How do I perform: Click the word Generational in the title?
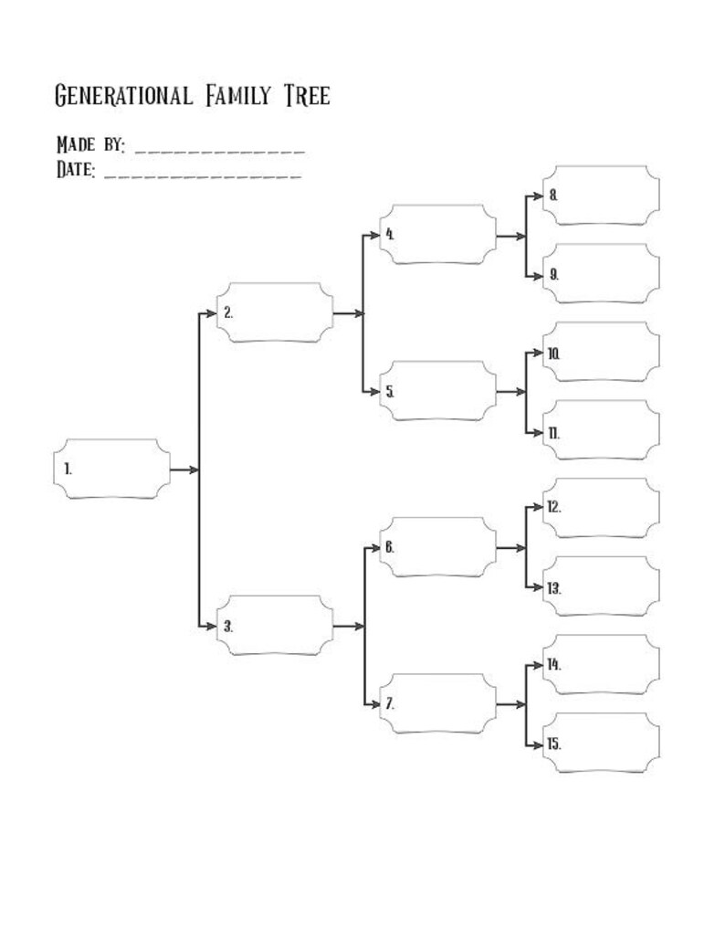tap(123, 95)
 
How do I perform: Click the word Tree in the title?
tap(307, 95)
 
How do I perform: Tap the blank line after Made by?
tap(219, 149)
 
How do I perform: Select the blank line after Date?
tap(203, 173)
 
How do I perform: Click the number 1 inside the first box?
tap(68, 469)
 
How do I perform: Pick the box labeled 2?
tap(274, 312)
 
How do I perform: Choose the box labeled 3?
tap(274, 626)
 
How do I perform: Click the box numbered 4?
tap(437, 234)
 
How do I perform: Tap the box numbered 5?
tap(437, 391)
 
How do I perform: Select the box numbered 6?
tap(437, 547)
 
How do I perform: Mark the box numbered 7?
tap(437, 703)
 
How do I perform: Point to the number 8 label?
tap(553, 195)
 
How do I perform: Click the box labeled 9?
tap(601, 273)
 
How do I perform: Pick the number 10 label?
tap(554, 353)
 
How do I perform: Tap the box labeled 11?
tap(601, 430)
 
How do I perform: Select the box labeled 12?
tap(601, 508)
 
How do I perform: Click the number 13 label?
tap(554, 587)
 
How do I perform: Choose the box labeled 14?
tap(601, 664)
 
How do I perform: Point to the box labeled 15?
tap(601, 743)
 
